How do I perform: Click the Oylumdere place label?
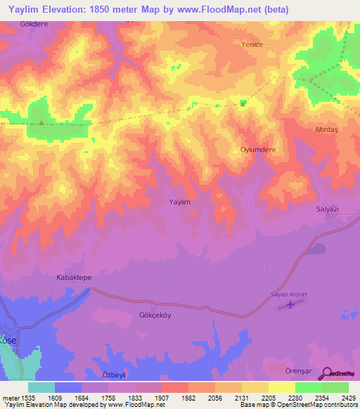[257, 150]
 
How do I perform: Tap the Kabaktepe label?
[74, 278]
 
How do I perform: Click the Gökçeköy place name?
[155, 316]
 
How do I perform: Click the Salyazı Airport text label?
[289, 294]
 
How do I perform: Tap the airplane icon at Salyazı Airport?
[289, 304]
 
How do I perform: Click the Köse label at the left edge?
[8, 339]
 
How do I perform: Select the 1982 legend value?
[188, 397]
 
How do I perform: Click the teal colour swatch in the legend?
[41, 387]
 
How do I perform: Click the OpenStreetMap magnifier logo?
[327, 374]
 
